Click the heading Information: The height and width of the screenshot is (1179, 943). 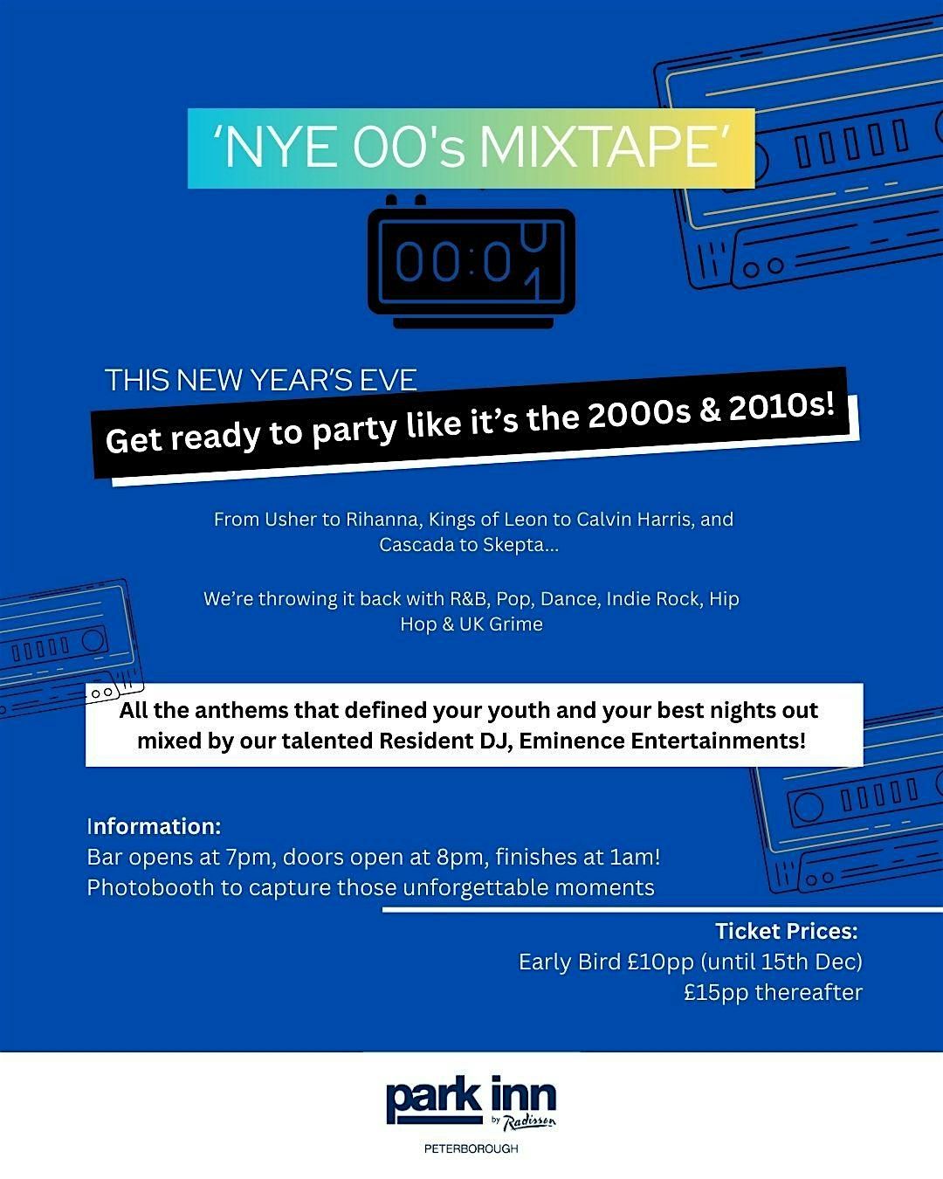coord(154,826)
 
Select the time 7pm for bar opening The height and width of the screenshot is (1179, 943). coord(248,857)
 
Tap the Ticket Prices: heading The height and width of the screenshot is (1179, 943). coord(787,931)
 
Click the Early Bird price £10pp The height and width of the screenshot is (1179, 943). coord(660,962)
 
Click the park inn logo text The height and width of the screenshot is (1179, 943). coord(471,1099)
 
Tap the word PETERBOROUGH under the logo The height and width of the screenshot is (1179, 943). coord(471,1148)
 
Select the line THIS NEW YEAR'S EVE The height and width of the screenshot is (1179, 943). coord(261,380)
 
